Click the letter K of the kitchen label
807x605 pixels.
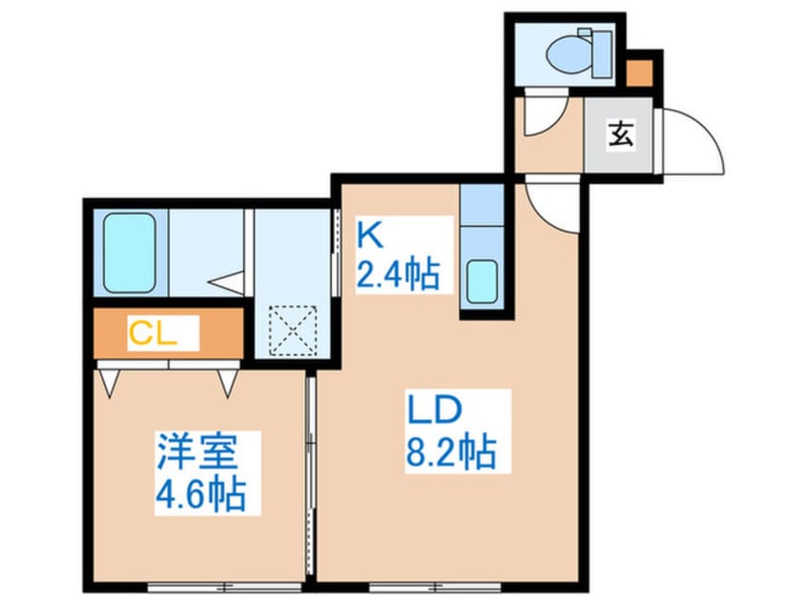click(368, 233)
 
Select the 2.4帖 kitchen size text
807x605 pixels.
click(398, 274)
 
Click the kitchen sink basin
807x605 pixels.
click(481, 280)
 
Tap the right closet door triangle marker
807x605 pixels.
click(227, 382)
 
